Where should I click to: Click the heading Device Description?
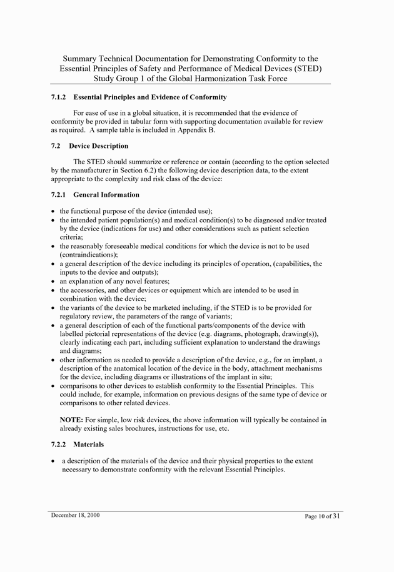[98, 146]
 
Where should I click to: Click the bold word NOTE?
[71, 420]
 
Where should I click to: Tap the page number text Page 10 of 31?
[323, 516]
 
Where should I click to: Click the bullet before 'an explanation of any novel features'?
[53, 282]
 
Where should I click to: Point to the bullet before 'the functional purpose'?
[53, 212]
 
